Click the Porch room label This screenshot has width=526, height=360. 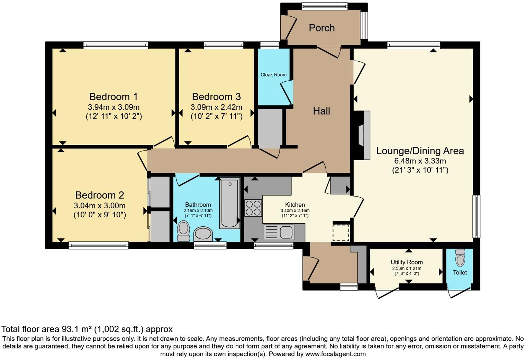pos(321,28)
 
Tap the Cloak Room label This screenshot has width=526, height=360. pos(273,75)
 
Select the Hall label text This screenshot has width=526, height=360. pos(321,111)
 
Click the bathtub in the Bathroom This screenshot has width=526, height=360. pos(230,203)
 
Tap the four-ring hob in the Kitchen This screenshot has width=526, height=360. pos(253,208)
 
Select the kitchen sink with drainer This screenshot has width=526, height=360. pos(279,232)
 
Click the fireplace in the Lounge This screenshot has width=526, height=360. pos(362,135)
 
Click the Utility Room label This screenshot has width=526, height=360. pos(407,262)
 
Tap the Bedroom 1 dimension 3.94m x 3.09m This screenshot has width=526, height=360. pos(114,107)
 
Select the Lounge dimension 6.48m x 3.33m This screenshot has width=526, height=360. pos(420,161)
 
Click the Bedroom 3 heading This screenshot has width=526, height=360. pos(216,97)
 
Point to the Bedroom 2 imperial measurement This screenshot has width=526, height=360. pos(100,215)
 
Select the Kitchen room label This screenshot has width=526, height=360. pos(295,205)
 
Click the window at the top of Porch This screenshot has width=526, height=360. pos(324,6)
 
